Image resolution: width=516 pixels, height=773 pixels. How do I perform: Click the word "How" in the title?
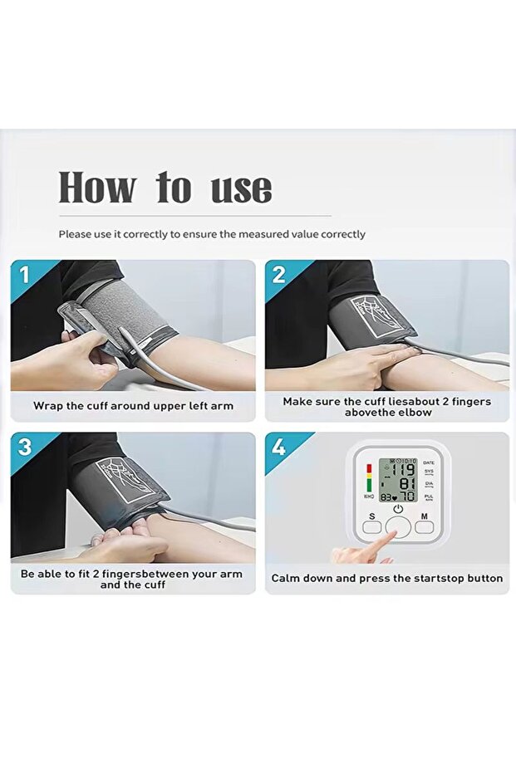pyautogui.click(x=96, y=188)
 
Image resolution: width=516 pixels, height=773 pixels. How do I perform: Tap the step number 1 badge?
pyautogui.click(x=24, y=274)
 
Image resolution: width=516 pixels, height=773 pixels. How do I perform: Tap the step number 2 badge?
pyautogui.click(x=279, y=274)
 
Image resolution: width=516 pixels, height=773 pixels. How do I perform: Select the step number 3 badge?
pyautogui.click(x=24, y=447)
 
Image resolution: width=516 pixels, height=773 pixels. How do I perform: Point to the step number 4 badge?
pyautogui.click(x=279, y=447)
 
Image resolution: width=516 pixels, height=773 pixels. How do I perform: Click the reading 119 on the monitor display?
pyautogui.click(x=405, y=467)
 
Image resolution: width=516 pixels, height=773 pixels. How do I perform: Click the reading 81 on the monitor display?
pyautogui.click(x=406, y=482)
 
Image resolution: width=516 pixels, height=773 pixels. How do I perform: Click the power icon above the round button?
pyautogui.click(x=398, y=508)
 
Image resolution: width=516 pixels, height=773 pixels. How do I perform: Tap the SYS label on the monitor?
pyautogui.click(x=429, y=471)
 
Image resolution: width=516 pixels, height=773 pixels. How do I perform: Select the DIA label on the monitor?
pyautogui.click(x=429, y=482)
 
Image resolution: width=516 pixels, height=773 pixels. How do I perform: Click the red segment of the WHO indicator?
pyautogui.click(x=369, y=468)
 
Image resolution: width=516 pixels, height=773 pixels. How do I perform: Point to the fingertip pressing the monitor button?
pyautogui.click(x=390, y=536)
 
